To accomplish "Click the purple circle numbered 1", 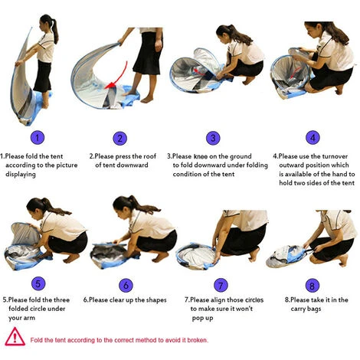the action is [x=38, y=138].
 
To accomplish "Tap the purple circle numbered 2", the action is [x=119, y=139].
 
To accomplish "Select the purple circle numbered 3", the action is [x=213, y=138].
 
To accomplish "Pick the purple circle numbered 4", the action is [x=313, y=137].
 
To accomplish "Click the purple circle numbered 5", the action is [x=38, y=283].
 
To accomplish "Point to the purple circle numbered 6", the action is [x=126, y=285].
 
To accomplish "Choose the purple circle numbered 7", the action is [x=221, y=285].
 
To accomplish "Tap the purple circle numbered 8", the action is [x=313, y=286].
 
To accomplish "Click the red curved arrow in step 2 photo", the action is [x=120, y=75].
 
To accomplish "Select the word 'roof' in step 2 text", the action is [x=150, y=156].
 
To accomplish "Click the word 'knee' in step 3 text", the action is [x=201, y=156].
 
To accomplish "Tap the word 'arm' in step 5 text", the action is [x=29, y=318].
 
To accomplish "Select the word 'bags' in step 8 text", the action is [x=314, y=309].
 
